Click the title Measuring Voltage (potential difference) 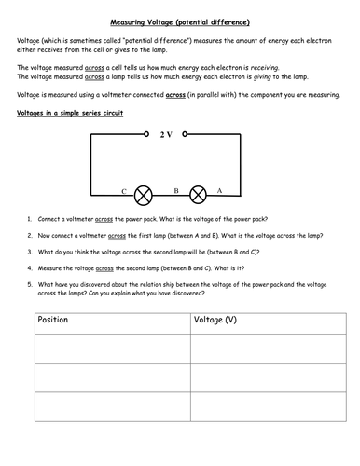(x=179, y=21)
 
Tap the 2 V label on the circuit (x=166, y=135)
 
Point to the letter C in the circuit (x=123, y=190)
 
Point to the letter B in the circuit (x=174, y=190)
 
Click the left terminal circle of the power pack (x=149, y=135)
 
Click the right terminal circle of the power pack (x=187, y=135)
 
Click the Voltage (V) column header (x=215, y=321)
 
